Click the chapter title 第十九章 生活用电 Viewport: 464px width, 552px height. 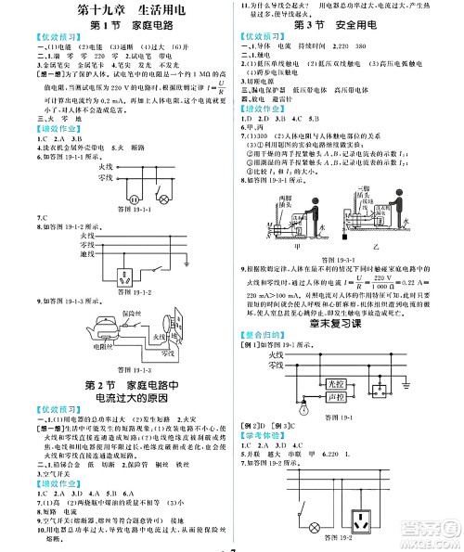117,12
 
